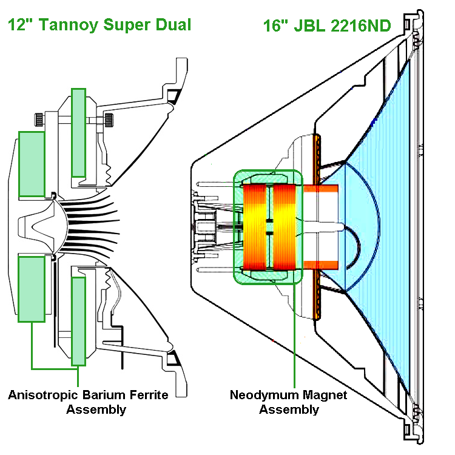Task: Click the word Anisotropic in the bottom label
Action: (43, 396)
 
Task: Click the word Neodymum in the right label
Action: (261, 395)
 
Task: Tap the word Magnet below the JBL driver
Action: (322, 395)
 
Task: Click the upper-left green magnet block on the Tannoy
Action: (32, 164)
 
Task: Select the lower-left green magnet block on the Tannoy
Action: (32, 289)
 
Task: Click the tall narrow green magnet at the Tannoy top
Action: (79, 132)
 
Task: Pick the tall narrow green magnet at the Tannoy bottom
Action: (78, 321)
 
